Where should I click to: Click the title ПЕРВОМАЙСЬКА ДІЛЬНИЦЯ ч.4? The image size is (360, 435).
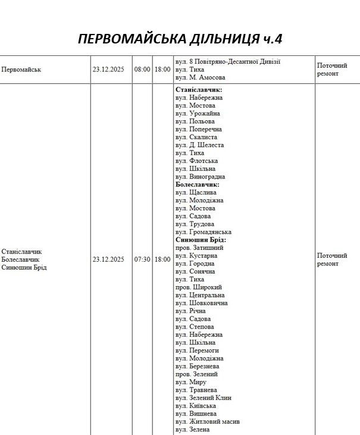180,39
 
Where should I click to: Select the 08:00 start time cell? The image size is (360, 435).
142,70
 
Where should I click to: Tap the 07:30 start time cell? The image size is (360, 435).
142,259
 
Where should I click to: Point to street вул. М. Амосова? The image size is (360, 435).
200,77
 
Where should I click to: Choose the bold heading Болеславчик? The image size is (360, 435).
198,184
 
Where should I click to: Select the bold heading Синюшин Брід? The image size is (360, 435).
201,240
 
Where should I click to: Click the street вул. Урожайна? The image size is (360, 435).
198,113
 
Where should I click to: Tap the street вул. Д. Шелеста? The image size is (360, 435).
199,145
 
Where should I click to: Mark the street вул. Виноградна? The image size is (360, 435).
200,177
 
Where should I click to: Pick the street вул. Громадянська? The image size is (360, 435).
204,232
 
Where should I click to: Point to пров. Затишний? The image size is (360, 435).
199,248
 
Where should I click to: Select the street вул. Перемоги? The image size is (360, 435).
199,350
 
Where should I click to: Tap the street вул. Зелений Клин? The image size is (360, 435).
204,398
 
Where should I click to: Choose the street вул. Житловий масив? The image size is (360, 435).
208,421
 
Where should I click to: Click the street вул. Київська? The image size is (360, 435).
196,405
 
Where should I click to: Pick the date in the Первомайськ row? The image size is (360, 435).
108,70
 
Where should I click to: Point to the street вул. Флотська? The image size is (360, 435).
196,161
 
